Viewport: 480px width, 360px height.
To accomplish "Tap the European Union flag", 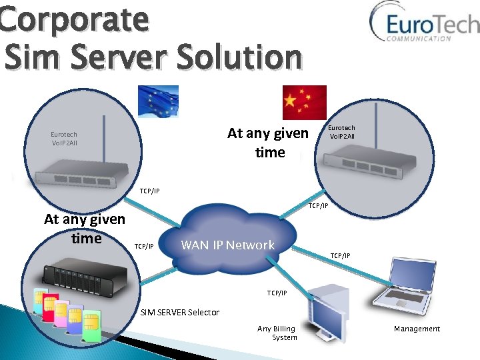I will (x=158, y=101).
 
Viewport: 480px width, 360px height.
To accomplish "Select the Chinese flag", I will (x=305, y=101).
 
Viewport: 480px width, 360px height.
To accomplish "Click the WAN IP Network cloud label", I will (x=227, y=245).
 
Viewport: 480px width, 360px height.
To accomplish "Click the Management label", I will (x=417, y=329).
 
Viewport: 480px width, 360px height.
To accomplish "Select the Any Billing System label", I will (x=277, y=333).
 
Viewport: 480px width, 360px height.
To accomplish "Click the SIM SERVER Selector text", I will (x=179, y=312).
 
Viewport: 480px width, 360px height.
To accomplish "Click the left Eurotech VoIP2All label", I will (x=64, y=139).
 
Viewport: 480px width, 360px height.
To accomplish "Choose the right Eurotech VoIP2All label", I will (x=341, y=132).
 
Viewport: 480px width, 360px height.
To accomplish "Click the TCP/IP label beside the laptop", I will (x=339, y=255).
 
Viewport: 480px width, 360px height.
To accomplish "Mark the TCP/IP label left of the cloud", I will (x=144, y=247).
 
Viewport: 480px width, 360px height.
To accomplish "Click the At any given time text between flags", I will (x=268, y=143).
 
